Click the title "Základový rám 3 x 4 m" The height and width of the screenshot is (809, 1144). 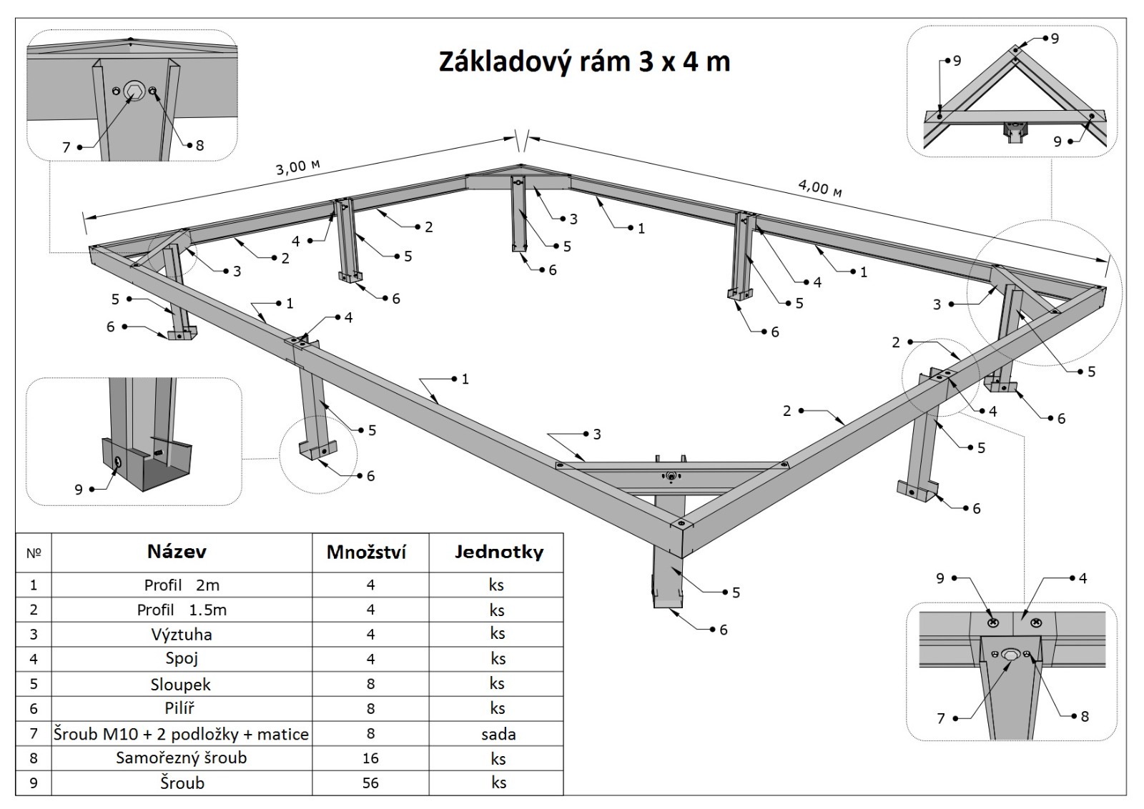(x=584, y=62)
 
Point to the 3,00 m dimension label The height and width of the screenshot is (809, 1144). (x=297, y=167)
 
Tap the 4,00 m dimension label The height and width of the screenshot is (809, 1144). (x=819, y=187)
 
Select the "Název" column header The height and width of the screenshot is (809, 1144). (x=177, y=552)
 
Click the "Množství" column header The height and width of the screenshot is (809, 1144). (x=366, y=552)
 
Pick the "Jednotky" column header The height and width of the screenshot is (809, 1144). (x=498, y=552)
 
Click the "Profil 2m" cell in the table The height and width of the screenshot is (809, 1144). (x=182, y=585)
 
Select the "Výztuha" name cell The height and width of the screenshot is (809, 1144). (x=182, y=635)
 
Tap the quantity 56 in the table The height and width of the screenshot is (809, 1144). (x=370, y=783)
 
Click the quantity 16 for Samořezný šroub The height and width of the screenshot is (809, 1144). (x=370, y=758)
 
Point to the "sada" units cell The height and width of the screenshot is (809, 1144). (x=498, y=734)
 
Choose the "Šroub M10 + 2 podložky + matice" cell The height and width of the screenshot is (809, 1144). (x=181, y=734)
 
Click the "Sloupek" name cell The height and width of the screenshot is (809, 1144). (x=181, y=685)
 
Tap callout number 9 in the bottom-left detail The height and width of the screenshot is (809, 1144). (x=79, y=490)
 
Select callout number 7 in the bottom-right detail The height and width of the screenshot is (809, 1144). (x=941, y=718)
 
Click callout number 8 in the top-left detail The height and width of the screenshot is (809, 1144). (x=200, y=146)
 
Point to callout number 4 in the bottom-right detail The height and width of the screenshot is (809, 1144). (x=1083, y=578)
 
